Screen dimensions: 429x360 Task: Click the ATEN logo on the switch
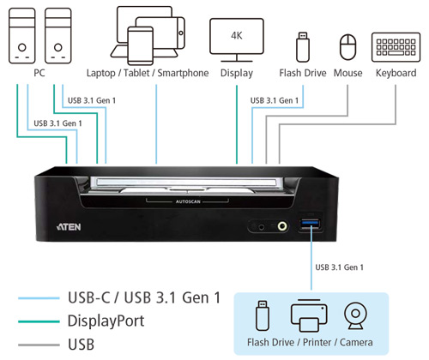[69, 227]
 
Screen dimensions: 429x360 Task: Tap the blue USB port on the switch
[311, 224]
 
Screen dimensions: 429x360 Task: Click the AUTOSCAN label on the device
[188, 201]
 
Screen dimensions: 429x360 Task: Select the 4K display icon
[237, 40]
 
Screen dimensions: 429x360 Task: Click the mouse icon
[347, 47]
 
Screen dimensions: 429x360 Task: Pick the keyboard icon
[396, 47]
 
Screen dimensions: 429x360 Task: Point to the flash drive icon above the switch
[303, 47]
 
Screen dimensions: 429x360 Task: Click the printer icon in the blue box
[309, 315]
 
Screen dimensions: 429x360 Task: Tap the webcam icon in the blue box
[355, 316]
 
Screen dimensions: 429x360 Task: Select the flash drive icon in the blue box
[263, 315]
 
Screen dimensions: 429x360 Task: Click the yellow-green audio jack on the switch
[282, 226]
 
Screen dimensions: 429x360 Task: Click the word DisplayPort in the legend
[106, 321]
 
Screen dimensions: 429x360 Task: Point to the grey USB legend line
[39, 345]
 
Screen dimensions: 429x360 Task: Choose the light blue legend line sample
[39, 298]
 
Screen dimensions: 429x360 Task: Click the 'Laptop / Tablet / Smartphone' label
[148, 73]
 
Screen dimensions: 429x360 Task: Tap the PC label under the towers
[39, 73]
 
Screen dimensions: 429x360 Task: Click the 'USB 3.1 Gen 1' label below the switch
[339, 267]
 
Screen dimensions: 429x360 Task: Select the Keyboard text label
[396, 73]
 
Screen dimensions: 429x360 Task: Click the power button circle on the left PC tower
[22, 47]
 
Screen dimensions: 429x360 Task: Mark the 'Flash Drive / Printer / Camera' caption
[310, 342]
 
